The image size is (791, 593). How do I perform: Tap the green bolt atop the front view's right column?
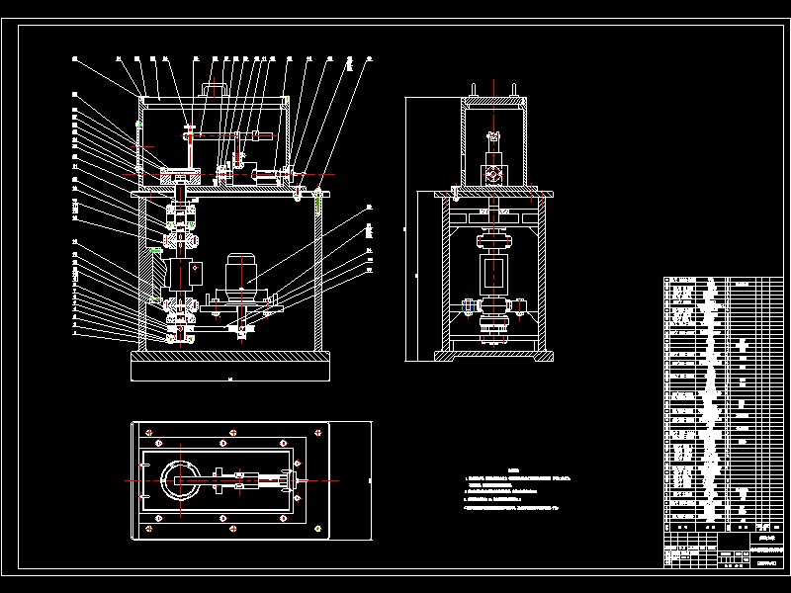point(319,207)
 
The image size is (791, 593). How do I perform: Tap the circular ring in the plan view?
point(181,481)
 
